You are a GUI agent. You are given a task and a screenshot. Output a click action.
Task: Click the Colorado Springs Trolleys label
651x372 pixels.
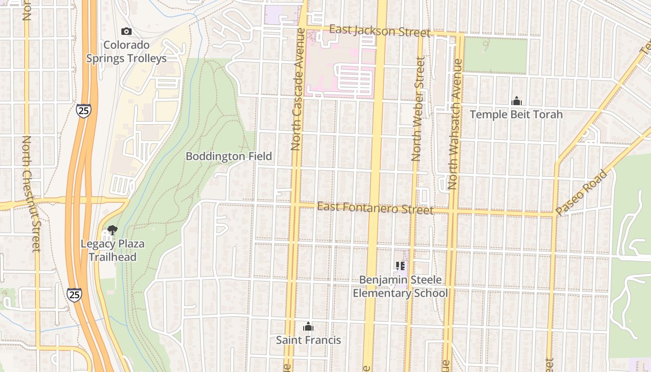coord(126,52)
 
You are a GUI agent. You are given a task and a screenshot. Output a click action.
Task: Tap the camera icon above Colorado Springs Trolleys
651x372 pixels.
coord(126,32)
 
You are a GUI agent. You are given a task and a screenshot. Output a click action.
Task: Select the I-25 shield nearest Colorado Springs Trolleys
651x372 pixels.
coord(84,111)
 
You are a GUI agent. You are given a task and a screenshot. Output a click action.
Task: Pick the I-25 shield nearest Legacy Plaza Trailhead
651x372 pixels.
coord(74,294)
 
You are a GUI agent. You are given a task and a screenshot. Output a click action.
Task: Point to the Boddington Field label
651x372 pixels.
coord(229,156)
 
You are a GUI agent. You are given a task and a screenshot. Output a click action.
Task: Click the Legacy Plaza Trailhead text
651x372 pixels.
coord(113,250)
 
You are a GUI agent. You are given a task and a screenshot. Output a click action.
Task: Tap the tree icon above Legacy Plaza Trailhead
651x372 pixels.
coord(112,230)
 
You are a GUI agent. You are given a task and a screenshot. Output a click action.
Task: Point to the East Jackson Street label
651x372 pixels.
coord(379,31)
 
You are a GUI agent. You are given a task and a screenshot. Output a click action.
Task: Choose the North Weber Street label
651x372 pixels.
coord(418,109)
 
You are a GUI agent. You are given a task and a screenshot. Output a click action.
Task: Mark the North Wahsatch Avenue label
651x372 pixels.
coord(454,125)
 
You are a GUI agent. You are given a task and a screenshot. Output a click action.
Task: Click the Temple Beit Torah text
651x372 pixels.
coord(516,114)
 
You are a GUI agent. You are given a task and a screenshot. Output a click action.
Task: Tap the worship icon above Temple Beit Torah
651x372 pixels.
coord(516,101)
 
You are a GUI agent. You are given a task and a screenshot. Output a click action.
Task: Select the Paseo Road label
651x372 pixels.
coord(582,192)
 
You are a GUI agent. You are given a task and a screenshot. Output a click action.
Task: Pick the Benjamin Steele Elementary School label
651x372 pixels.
coord(400,286)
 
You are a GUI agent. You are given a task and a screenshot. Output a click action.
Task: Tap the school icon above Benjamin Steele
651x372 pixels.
coord(400,266)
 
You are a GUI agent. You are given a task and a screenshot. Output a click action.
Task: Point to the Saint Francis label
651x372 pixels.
coord(308,340)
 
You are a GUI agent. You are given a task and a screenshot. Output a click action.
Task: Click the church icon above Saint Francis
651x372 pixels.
coord(308,326)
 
